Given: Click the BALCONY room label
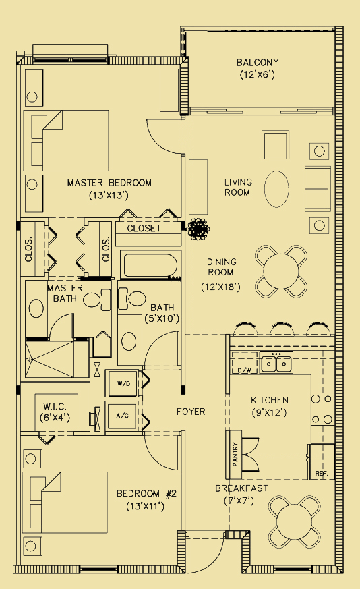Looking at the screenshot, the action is pos(258,62).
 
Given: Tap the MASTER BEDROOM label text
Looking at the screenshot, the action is pos(109,183).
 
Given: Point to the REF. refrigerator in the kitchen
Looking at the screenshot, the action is pos(322,461).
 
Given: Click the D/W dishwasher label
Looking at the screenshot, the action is pos(245,371).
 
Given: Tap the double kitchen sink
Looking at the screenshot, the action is pos(276,362).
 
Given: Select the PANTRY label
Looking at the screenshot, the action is pos(235,455).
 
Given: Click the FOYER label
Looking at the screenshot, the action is pos(191,412).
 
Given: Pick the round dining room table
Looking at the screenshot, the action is pos(281,271).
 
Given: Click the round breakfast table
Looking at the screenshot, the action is pos(295,522).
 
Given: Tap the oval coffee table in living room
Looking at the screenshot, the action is pos(276,189).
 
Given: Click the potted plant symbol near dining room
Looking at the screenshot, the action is pos(198,229).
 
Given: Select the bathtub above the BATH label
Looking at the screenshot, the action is pos(149,267).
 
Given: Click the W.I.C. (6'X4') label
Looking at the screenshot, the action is pos(55,412).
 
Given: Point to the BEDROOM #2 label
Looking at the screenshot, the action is pos(146,493).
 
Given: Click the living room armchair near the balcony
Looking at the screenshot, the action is pos(276,145).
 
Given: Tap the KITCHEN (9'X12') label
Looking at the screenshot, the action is pos(270,406).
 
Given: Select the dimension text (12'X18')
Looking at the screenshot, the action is pos(220,287).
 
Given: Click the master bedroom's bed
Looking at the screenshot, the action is pos(66,140).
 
